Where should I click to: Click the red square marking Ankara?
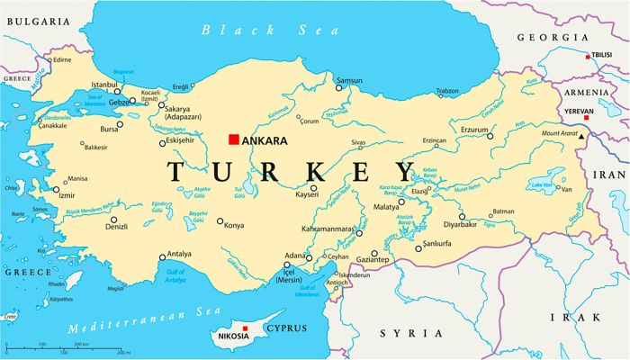click(x=233, y=139)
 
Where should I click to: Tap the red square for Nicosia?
click(x=245, y=328)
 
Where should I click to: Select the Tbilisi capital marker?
click(x=589, y=57)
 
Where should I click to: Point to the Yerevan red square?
click(x=587, y=117)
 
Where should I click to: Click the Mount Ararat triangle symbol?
click(x=581, y=137)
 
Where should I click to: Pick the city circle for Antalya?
click(x=163, y=257)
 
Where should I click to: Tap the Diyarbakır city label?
click(x=460, y=224)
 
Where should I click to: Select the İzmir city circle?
click(x=56, y=190)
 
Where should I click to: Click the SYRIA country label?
click(x=400, y=333)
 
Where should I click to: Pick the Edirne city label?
click(x=62, y=59)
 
